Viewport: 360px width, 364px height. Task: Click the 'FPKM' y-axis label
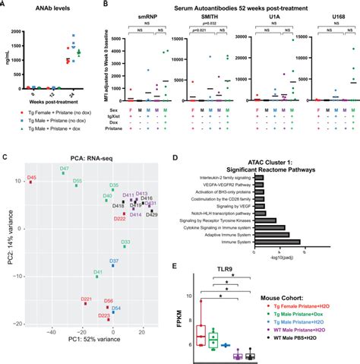point(180,321)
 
